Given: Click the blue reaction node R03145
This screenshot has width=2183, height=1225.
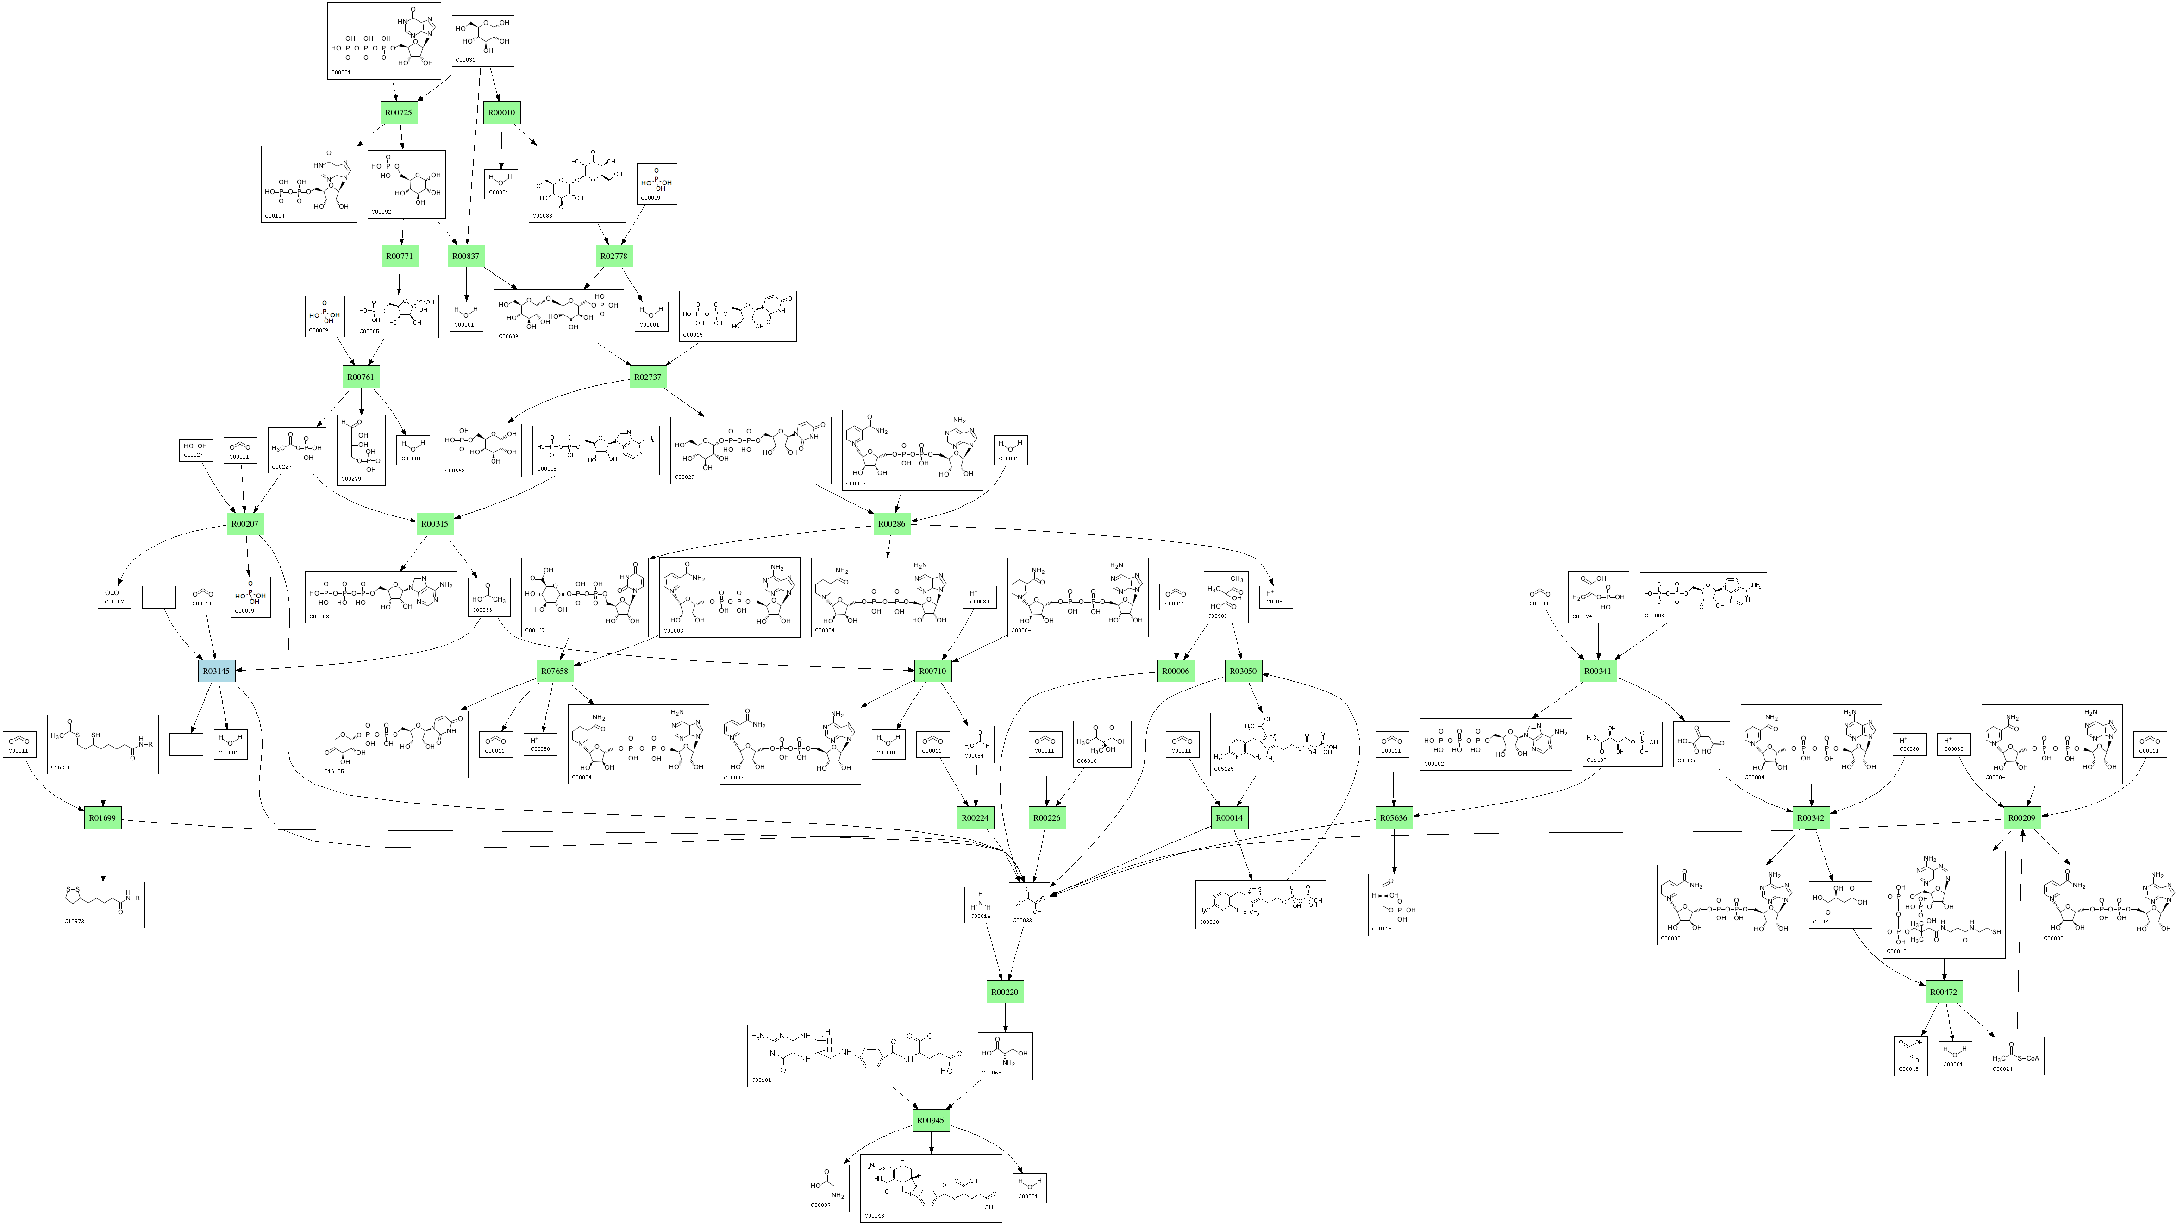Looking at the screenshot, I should point(216,671).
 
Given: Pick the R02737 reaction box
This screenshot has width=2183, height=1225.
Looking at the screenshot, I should point(647,377).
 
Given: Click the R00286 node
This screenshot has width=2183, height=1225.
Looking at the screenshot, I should point(892,524).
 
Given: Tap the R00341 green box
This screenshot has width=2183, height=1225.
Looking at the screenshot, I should point(1598,671).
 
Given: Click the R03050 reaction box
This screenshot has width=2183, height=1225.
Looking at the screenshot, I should point(1242,671).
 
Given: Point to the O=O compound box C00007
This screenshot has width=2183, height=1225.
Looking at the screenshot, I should point(114,597).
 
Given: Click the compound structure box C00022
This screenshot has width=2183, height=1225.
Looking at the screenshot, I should point(1029,904).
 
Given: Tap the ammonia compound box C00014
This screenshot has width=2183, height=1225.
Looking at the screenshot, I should point(981,905).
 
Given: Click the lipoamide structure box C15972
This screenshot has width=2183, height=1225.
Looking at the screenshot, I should point(102,905).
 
